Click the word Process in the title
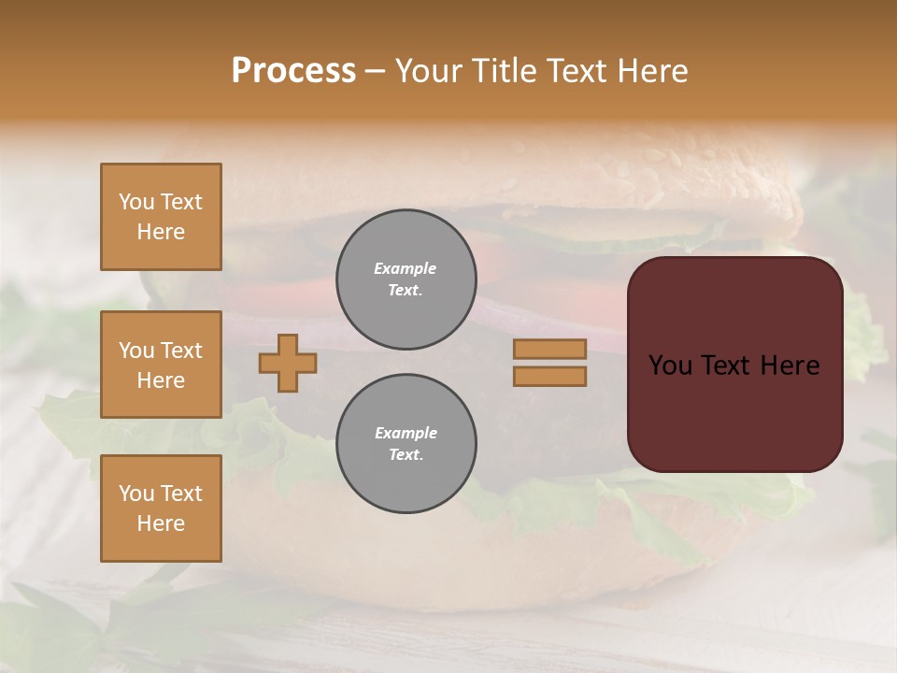(293, 71)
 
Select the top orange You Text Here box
(161, 217)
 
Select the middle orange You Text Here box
(161, 365)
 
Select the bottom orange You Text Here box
(161, 508)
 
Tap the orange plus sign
(288, 363)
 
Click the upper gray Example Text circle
(406, 279)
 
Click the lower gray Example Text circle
(406, 444)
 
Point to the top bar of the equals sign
(549, 350)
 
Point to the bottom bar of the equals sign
(549, 376)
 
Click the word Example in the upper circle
(406, 268)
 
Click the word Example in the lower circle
(406, 433)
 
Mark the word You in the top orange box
(136, 202)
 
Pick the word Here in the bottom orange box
(161, 523)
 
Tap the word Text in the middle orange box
(181, 351)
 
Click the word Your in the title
(431, 71)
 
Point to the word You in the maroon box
(670, 365)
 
